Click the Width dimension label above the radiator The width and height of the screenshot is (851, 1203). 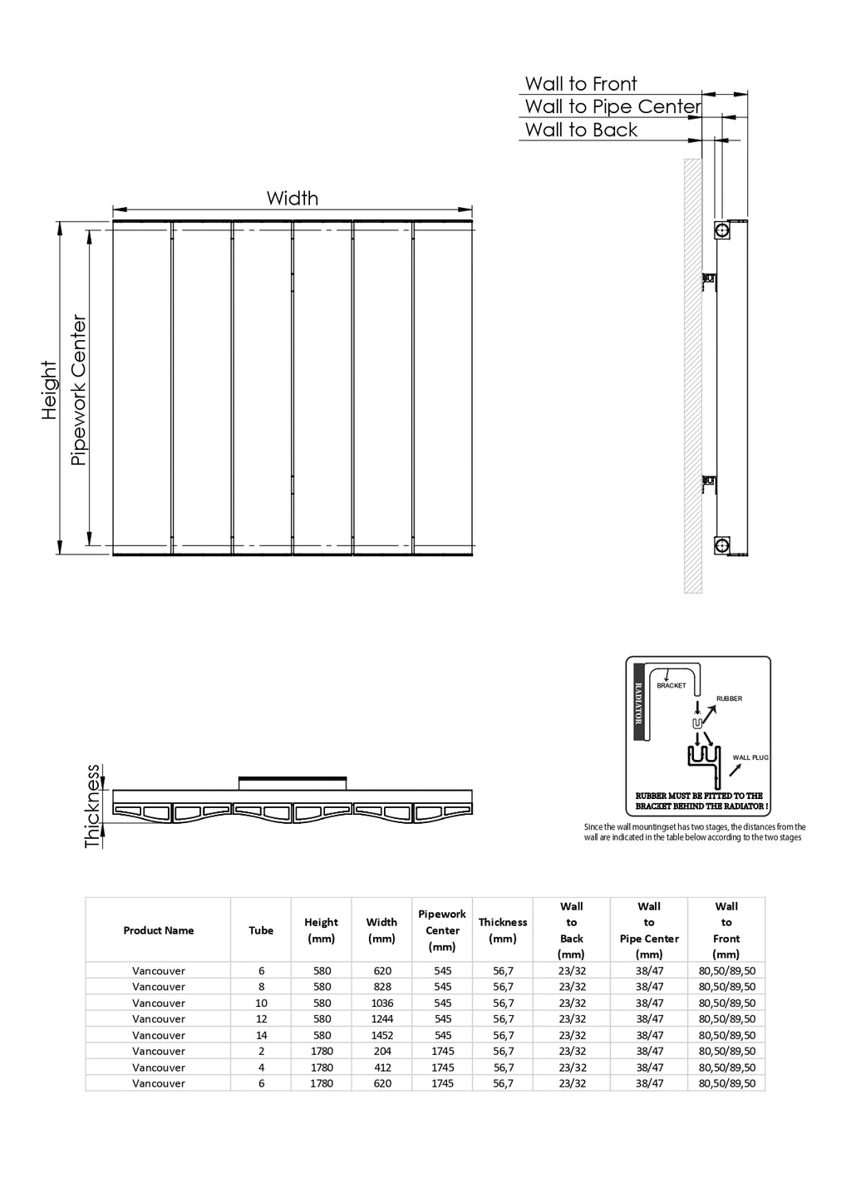pyautogui.click(x=292, y=198)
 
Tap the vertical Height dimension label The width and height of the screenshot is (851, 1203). pyautogui.click(x=49, y=391)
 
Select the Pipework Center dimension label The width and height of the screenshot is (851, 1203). pyautogui.click(x=78, y=390)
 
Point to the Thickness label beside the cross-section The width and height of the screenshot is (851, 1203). pyautogui.click(x=92, y=806)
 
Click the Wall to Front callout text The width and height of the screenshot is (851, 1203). pyautogui.click(x=580, y=84)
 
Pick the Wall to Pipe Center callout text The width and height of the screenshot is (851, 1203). pyautogui.click(x=612, y=106)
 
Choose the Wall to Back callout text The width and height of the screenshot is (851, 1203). pyautogui.click(x=581, y=130)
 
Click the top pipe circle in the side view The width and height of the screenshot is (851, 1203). pyautogui.click(x=722, y=230)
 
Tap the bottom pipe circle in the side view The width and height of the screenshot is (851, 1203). pyautogui.click(x=722, y=545)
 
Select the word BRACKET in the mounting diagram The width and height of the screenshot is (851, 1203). pyautogui.click(x=671, y=685)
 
